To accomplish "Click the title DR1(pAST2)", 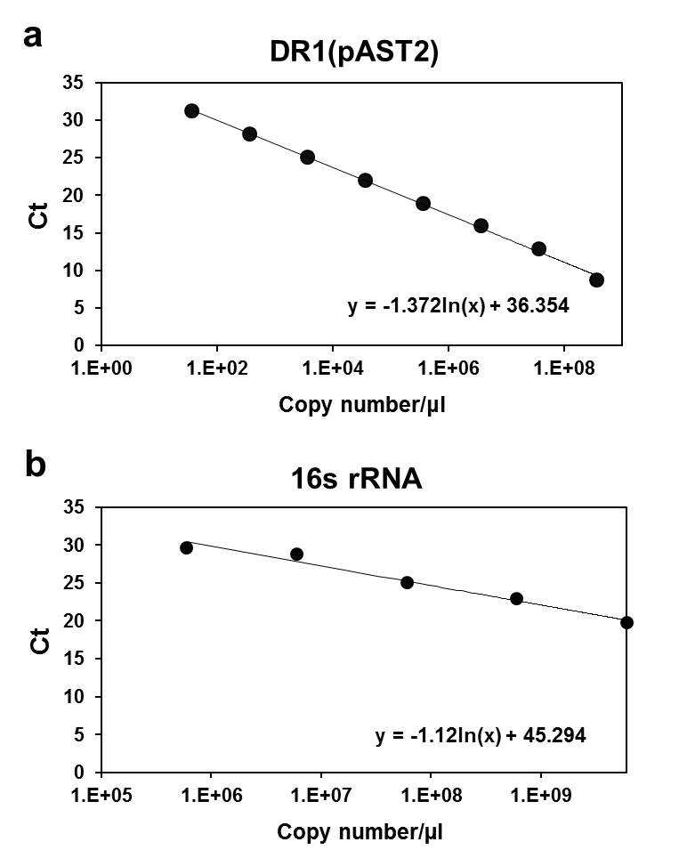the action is [x=354, y=53].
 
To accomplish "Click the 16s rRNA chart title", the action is [x=356, y=478].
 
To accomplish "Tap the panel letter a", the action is [x=33, y=37].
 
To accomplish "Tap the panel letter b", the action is [x=36, y=465].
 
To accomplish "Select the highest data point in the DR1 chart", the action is [x=192, y=111].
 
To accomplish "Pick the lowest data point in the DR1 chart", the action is [x=596, y=280].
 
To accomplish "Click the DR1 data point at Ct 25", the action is [x=307, y=158].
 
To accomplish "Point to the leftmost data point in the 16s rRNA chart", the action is [x=186, y=547].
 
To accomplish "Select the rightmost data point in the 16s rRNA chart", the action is [x=626, y=622].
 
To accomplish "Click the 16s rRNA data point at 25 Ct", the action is [x=407, y=583].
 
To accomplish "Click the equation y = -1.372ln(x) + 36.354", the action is [x=458, y=306].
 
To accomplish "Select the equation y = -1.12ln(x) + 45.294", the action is [x=481, y=735].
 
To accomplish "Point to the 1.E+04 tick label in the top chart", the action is [x=333, y=368].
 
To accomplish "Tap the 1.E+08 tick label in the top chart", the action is [x=564, y=368].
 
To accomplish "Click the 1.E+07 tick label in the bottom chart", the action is [x=320, y=795].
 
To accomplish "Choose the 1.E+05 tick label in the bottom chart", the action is [x=101, y=795].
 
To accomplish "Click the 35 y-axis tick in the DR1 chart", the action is [x=74, y=83].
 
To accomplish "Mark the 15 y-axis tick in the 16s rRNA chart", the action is [x=74, y=658].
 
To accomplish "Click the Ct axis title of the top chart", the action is [x=39, y=215].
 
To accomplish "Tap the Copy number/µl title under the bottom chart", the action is [x=360, y=832].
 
